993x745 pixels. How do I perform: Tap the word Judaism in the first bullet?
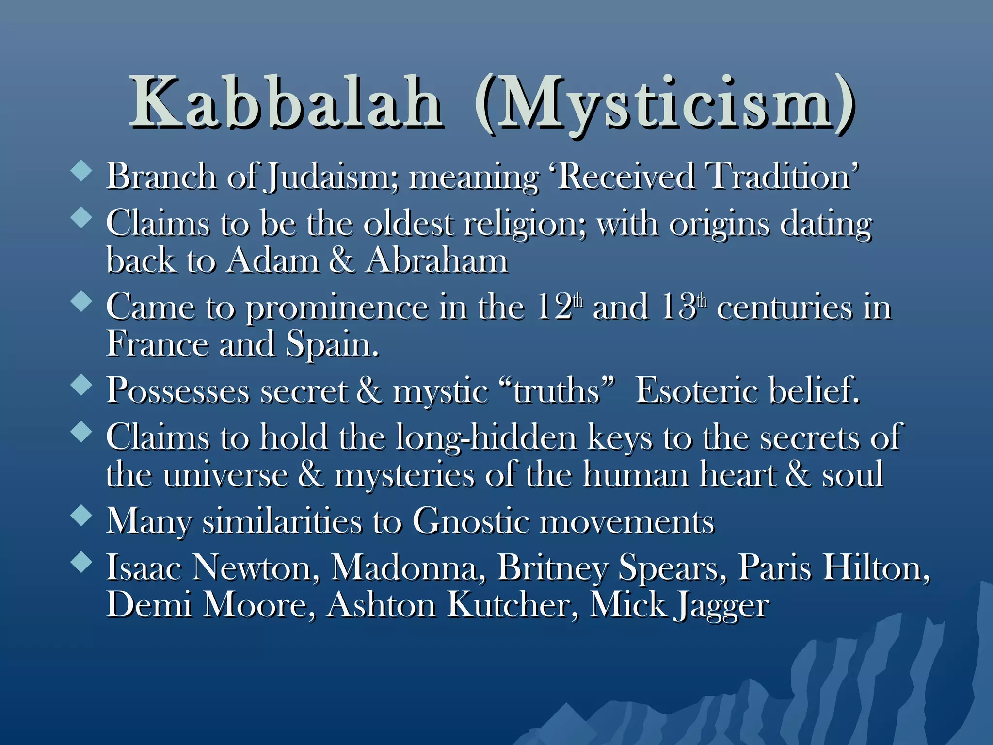click(333, 177)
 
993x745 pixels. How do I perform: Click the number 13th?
click(684, 307)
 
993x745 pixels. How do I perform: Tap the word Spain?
click(332, 345)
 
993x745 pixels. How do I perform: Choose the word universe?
click(225, 475)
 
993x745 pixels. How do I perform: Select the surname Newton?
click(256, 567)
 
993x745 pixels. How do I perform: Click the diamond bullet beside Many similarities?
click(81, 516)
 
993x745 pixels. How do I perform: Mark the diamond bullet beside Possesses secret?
click(81, 385)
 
